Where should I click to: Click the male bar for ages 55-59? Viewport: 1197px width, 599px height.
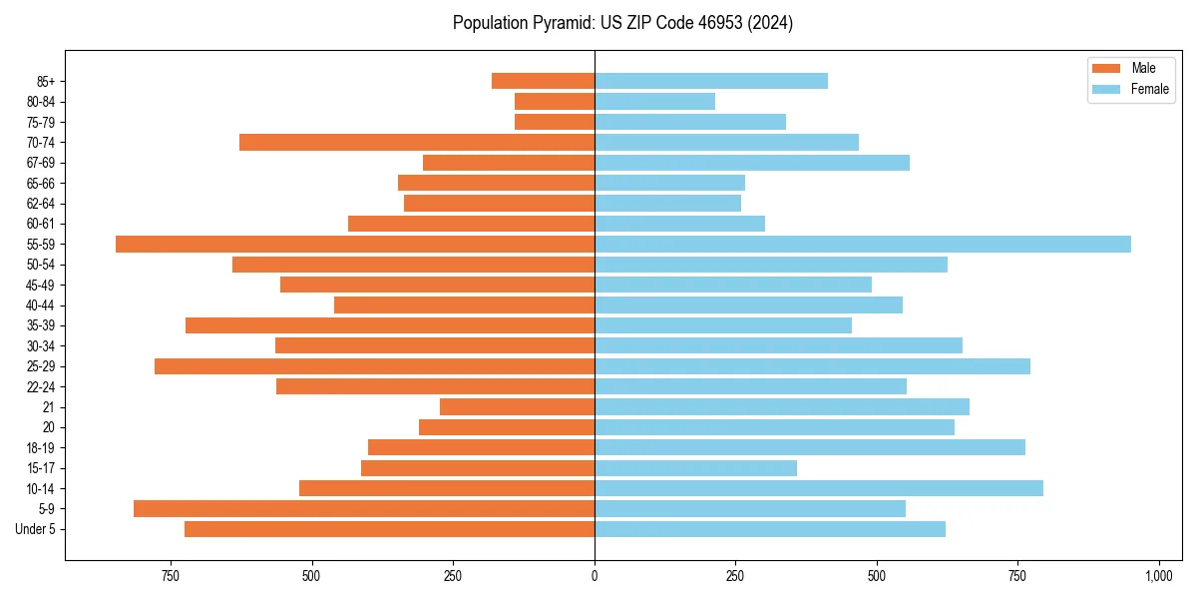pos(355,244)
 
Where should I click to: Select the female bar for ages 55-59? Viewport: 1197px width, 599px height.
pos(863,244)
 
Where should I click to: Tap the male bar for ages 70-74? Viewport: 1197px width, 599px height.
pos(417,142)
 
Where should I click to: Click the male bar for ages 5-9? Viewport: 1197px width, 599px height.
pos(364,508)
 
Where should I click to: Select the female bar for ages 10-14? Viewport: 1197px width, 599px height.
pos(819,488)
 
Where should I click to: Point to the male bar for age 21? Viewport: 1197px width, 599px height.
pos(517,406)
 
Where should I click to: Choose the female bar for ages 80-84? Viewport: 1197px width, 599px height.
pos(654,101)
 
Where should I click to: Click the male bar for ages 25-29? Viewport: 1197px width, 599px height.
pos(374,366)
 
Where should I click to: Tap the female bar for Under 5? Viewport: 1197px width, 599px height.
pos(770,529)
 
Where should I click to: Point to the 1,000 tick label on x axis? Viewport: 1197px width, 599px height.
pos(1158,576)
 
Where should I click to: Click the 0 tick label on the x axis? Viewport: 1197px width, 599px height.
pos(595,576)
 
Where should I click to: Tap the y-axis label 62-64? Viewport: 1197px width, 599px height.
pos(47,203)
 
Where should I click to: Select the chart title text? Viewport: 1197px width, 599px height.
pos(622,22)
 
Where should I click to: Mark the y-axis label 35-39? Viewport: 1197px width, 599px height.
pos(47,325)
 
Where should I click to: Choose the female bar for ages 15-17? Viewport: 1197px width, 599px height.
pos(695,467)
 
